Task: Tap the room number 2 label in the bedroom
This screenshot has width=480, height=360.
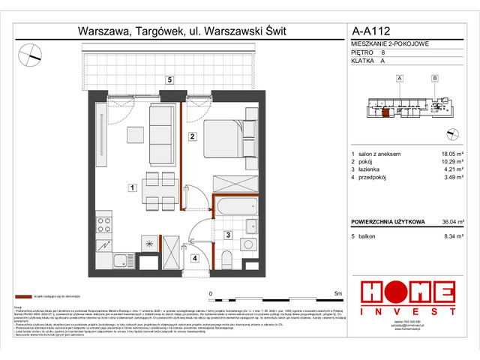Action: [192, 136]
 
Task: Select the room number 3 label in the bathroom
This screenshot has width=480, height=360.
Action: [227, 235]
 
